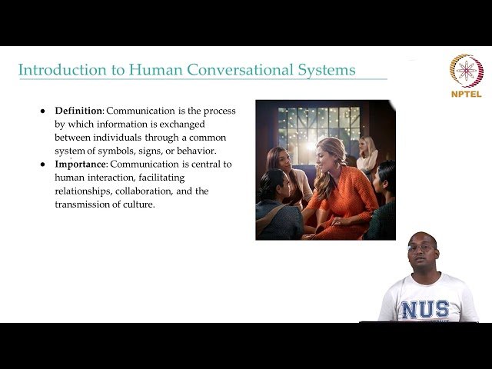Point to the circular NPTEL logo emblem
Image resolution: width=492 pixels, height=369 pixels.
pos(466,71)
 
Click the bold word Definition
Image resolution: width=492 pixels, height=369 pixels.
pos(78,111)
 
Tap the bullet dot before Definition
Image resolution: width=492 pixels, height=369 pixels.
pos(43,111)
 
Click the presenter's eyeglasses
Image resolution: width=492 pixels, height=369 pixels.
pos(421,248)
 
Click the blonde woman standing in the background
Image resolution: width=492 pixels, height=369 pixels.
pos(367,154)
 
